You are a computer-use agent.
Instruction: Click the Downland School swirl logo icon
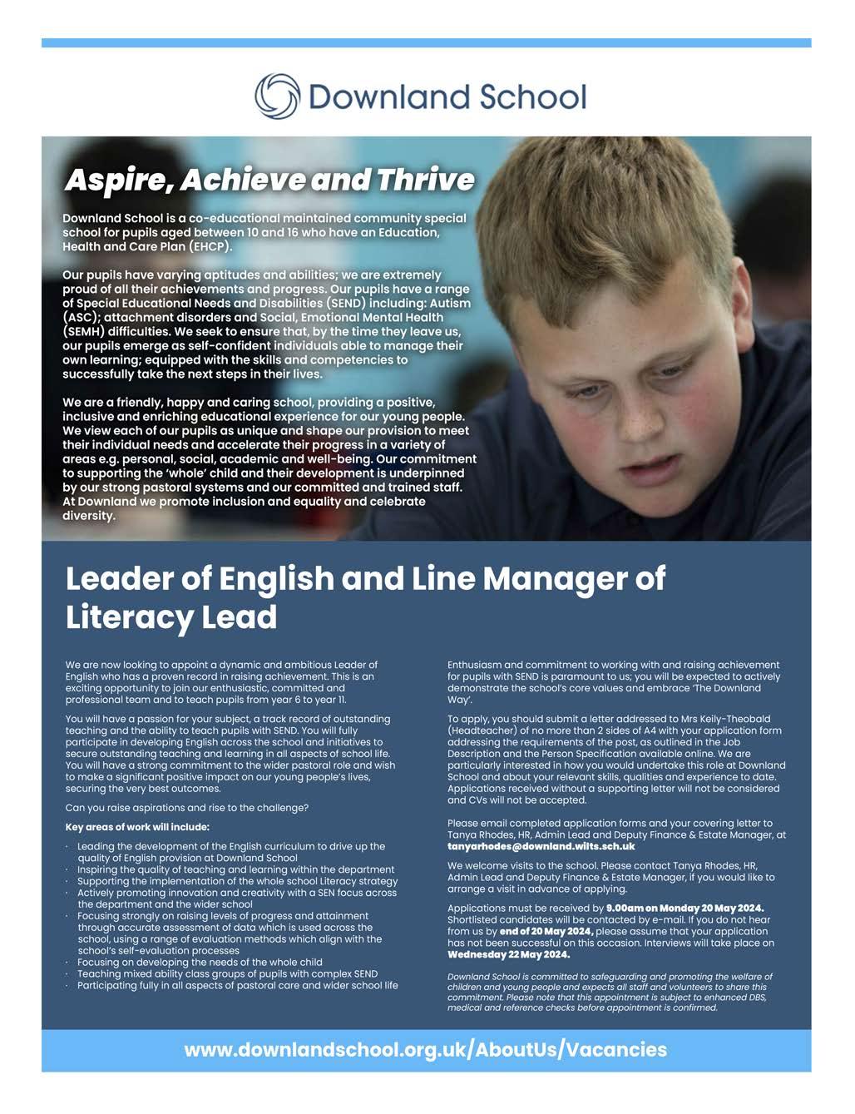[277, 97]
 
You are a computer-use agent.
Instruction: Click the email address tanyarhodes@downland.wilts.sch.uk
[541, 845]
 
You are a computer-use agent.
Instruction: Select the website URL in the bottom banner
[425, 1050]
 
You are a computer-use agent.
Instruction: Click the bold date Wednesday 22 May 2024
[508, 954]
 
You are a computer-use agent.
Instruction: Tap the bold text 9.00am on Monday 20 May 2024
[684, 908]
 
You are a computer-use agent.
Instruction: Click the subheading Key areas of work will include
[137, 827]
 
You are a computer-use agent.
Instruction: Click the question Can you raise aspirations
[186, 808]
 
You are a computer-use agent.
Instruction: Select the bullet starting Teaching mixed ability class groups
[227, 973]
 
